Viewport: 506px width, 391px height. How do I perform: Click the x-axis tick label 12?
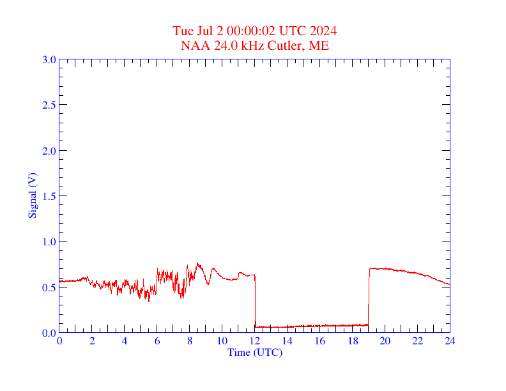tap(255, 341)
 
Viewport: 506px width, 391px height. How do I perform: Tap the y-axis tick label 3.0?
tap(49, 59)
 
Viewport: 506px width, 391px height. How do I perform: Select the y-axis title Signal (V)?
tap(32, 195)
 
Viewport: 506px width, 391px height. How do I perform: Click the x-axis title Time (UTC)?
tap(254, 352)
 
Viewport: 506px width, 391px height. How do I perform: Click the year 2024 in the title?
tap(324, 31)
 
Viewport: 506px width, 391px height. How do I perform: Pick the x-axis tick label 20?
tap(385, 341)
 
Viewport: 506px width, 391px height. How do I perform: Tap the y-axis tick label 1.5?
tap(49, 196)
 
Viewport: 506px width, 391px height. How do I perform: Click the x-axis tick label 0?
tap(59, 341)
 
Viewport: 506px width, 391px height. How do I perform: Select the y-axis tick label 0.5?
tap(49, 287)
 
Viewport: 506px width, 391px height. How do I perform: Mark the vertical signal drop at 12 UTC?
tap(255, 300)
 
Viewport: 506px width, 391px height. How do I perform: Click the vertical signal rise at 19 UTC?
tap(369, 297)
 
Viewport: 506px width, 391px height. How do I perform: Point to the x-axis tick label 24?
tap(450, 341)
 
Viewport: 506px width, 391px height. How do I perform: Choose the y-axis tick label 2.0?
tap(49, 151)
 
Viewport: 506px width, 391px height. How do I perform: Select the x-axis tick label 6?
tap(157, 341)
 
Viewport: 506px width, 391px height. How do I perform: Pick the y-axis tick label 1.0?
tap(49, 241)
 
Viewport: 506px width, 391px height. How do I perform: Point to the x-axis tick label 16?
tap(320, 341)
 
